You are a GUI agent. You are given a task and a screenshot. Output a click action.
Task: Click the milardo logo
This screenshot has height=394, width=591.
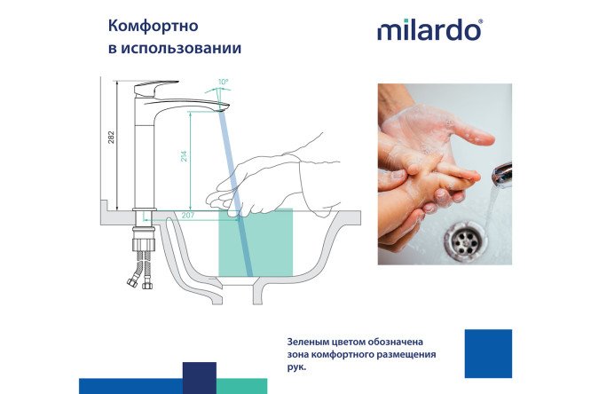(x=429, y=30)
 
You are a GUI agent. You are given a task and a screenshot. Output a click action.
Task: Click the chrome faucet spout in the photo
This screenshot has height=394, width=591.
(x=501, y=173)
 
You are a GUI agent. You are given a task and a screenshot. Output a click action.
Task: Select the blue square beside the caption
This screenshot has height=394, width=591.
(x=488, y=353)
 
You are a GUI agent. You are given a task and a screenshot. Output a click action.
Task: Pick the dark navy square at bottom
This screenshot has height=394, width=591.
(x=200, y=377)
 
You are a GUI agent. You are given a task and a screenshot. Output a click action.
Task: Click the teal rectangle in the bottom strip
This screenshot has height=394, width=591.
(x=241, y=385)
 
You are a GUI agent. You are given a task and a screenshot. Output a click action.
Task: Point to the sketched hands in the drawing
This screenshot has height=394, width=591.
(x=266, y=177)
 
